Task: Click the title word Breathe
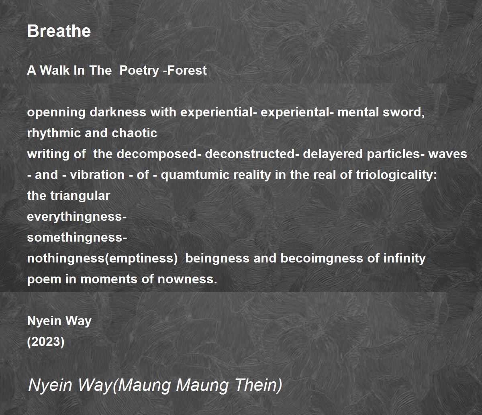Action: click(59, 31)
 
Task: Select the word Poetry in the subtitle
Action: click(139, 71)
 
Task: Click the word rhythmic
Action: click(54, 134)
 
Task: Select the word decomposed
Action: click(157, 155)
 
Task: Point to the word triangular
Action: click(80, 196)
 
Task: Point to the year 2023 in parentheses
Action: click(46, 342)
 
